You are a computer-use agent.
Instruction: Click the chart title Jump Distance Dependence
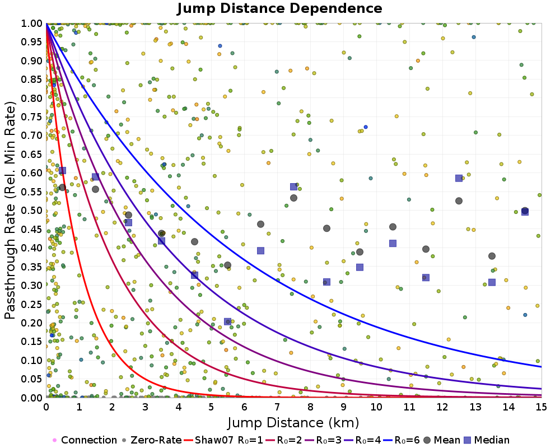(x=279, y=9)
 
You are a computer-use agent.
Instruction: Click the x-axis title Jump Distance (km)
(x=293, y=422)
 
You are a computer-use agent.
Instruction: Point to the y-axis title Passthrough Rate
(x=11, y=210)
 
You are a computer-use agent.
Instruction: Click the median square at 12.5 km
(x=459, y=178)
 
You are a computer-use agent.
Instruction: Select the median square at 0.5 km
(x=62, y=170)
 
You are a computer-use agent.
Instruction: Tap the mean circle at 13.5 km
(x=492, y=256)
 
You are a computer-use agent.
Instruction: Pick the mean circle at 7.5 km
(x=293, y=198)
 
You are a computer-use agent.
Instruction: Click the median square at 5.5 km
(x=227, y=321)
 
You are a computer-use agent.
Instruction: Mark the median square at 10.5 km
(x=393, y=243)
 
